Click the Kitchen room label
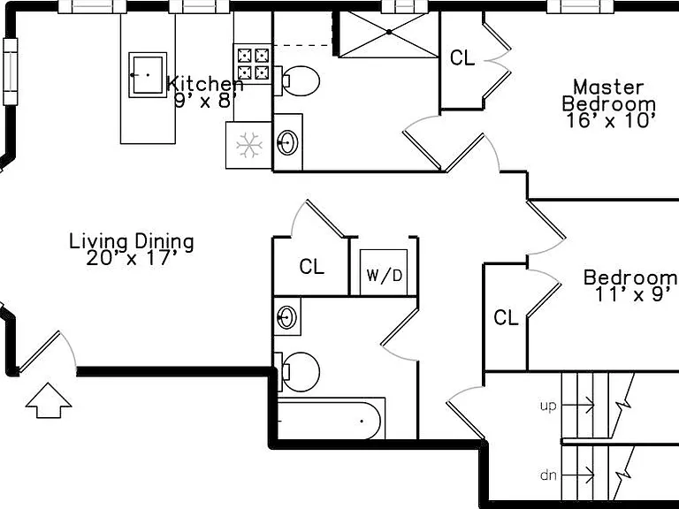pos(205,84)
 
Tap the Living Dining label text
pos(132,241)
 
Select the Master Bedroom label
pos(609,95)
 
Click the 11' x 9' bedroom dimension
pos(636,295)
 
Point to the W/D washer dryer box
pos(384,272)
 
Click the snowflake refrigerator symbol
pos(249,145)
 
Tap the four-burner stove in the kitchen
pos(253,64)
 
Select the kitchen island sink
pos(148,74)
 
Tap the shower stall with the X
pos(388,34)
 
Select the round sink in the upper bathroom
pos(287,142)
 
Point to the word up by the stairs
pos(548,406)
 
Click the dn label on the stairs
pos(548,475)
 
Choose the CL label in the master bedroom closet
pos(462,57)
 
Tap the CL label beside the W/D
pos(312,267)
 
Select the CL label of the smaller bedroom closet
pos(506,318)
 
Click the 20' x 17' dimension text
pos(132,258)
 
